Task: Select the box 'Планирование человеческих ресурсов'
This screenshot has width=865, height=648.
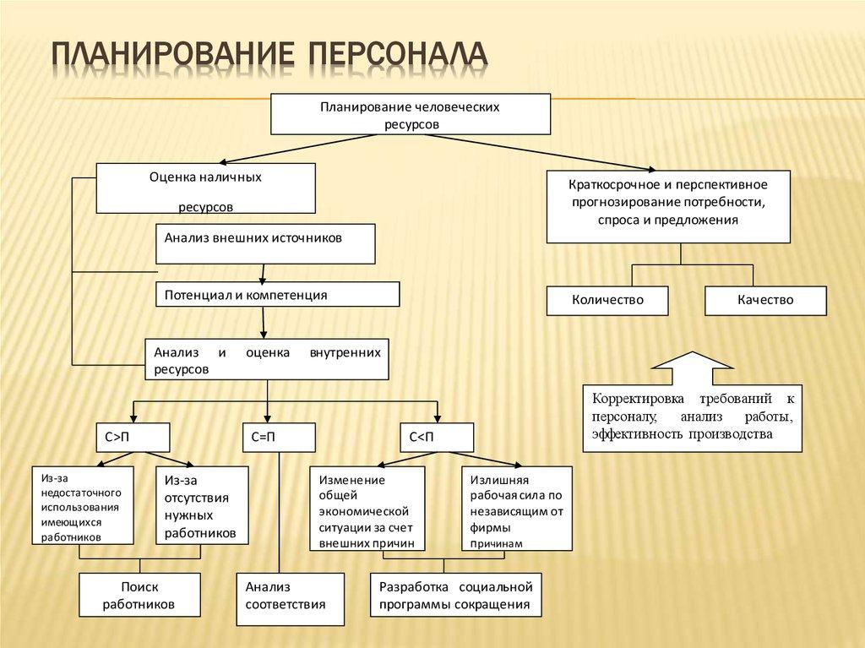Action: pos(411,115)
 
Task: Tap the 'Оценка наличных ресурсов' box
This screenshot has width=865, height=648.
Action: pos(205,188)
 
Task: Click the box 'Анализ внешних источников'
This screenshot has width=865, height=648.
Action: pos(265,243)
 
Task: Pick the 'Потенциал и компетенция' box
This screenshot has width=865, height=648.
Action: pos(277,294)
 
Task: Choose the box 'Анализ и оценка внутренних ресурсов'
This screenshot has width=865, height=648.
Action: pos(267,360)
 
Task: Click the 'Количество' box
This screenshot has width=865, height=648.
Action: pos(607,300)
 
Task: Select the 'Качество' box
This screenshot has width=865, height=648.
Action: pos(764,300)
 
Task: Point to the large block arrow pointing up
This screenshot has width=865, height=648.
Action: pos(692,369)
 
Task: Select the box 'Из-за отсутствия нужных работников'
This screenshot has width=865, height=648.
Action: pos(200,505)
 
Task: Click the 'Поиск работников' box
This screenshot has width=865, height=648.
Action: pos(139,596)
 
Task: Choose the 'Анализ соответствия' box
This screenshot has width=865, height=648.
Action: pos(290,599)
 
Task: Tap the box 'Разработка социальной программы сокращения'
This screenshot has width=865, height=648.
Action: pos(454,596)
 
